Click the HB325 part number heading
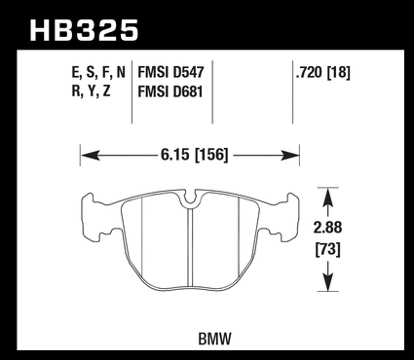[84, 30]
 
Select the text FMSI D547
[170, 72]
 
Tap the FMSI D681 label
[170, 91]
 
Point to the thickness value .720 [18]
[323, 73]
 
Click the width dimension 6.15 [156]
[195, 155]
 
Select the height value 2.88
[327, 228]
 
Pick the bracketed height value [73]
[328, 250]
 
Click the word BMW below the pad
[215, 340]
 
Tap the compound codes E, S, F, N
[98, 73]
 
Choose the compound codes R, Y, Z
[92, 91]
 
